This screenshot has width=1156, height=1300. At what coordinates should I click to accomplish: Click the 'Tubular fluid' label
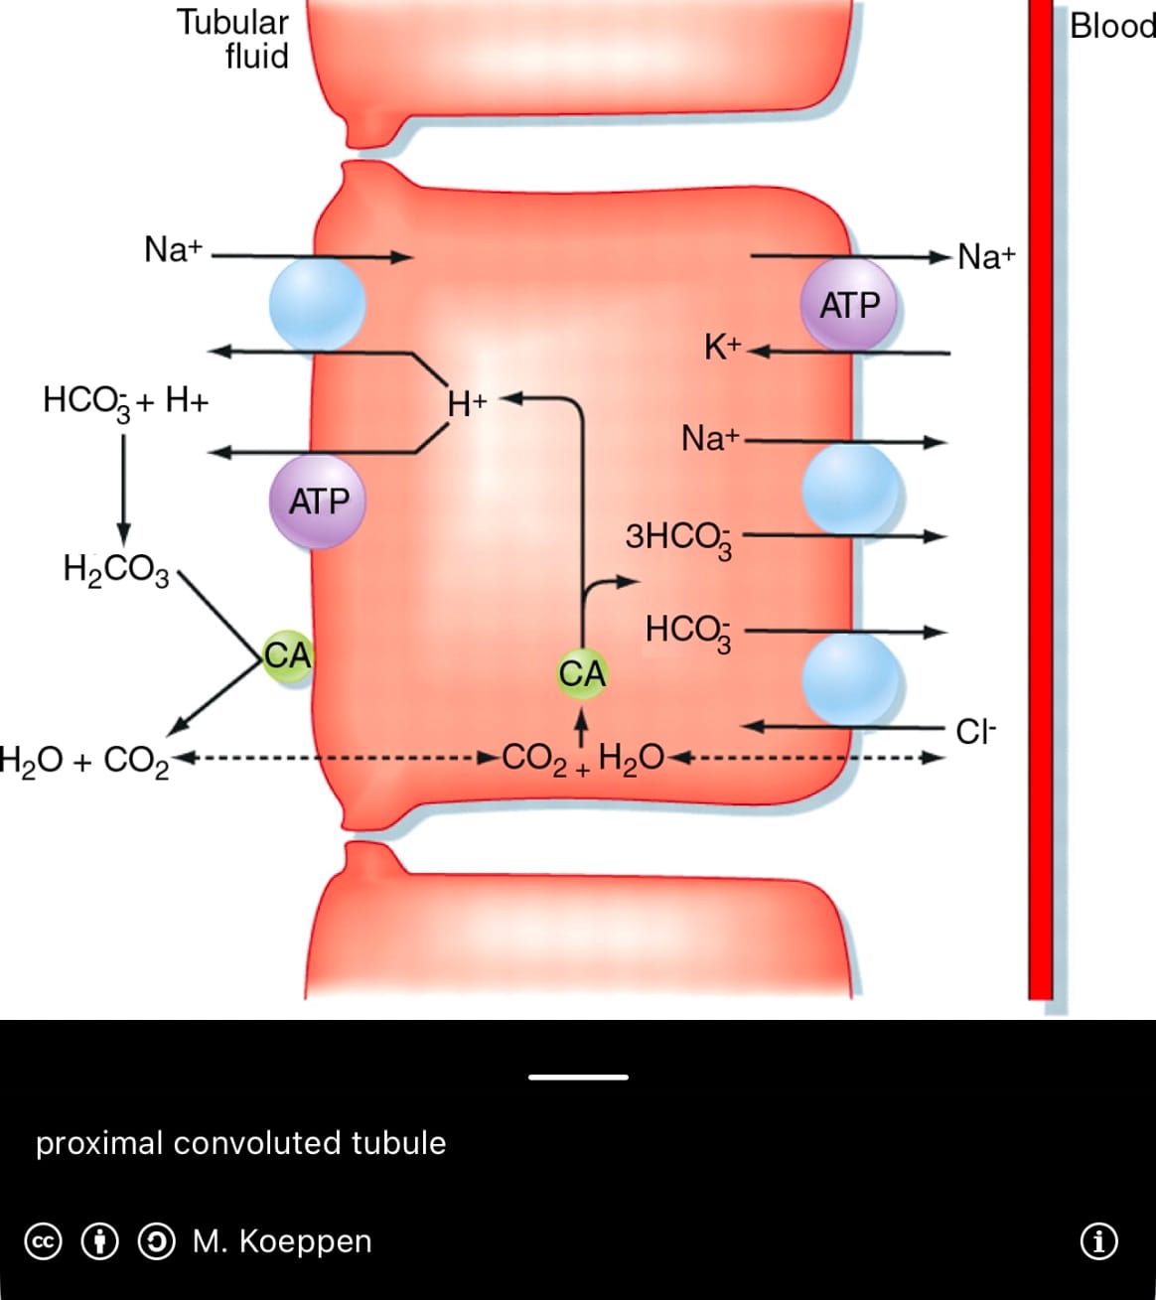[234, 39]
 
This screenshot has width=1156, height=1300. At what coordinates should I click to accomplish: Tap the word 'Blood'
[1111, 26]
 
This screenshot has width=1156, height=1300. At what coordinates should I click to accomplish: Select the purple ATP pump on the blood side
[849, 305]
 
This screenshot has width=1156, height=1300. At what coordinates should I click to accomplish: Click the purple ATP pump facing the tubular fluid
[318, 502]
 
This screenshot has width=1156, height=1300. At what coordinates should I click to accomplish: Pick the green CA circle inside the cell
[582, 673]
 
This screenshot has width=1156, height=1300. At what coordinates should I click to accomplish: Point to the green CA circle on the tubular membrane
[287, 655]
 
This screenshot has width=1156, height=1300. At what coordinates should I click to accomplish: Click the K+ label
[722, 348]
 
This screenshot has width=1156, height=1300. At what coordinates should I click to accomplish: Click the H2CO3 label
[116, 569]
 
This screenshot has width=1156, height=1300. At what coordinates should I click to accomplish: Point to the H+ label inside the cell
[467, 403]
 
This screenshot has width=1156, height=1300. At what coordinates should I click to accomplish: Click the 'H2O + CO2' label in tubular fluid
[83, 762]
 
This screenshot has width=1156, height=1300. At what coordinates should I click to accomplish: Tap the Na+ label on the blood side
[986, 256]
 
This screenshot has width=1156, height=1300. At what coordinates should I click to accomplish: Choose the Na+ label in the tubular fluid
[173, 249]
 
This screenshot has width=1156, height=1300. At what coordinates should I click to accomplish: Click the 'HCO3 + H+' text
[126, 402]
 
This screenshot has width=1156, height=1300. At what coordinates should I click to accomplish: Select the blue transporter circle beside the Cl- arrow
[850, 679]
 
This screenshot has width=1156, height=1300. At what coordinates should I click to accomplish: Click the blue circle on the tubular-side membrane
[317, 304]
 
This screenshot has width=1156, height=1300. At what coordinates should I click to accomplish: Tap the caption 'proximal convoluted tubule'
[240, 1143]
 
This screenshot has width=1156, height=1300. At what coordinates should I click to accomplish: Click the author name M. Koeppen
[282, 1241]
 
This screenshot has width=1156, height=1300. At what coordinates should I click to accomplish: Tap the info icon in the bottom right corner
[1098, 1241]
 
